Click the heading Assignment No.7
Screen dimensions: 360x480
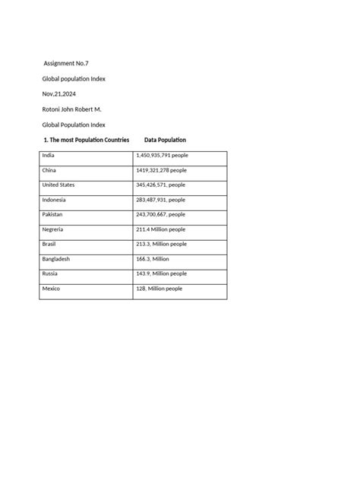(68, 63)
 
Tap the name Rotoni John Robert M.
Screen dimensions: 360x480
(71, 109)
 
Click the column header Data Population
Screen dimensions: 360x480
(165, 140)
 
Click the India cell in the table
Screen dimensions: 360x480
(49, 155)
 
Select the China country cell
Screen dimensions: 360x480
(50, 170)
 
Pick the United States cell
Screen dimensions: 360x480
(58, 185)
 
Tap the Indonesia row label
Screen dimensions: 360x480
(55, 200)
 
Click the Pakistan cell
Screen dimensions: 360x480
(53, 214)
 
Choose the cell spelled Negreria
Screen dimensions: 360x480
(54, 229)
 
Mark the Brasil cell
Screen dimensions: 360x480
(50, 244)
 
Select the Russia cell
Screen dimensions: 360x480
(50, 273)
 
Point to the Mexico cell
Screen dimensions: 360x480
(51, 289)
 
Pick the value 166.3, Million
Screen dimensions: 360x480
(153, 259)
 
